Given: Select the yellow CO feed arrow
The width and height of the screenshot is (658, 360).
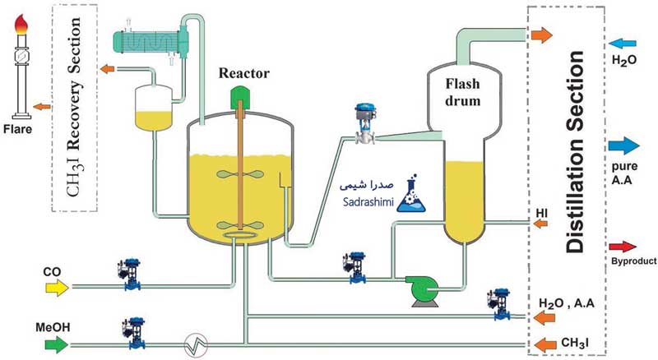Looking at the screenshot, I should [58, 286].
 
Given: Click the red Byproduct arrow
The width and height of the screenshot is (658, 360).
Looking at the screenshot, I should [623, 247].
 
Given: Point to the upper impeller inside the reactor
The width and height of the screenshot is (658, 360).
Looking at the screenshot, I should [242, 173].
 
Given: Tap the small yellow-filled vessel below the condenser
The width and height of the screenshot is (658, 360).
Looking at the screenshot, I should [155, 108].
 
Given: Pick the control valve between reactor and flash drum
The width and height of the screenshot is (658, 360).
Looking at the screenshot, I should [362, 123].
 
